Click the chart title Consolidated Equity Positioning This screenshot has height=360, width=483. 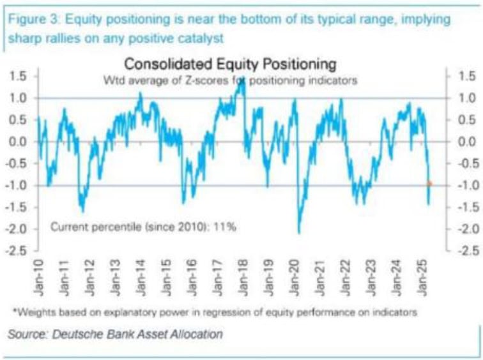230,64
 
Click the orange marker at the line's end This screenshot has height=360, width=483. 430,184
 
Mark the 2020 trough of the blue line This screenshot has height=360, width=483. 299,232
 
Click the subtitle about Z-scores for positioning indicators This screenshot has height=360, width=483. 230,80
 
